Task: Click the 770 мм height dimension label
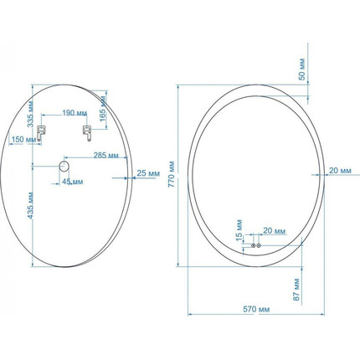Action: tap(172, 174)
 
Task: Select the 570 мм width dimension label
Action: tap(256, 309)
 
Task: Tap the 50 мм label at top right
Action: tap(302, 69)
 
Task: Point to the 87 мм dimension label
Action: tap(296, 290)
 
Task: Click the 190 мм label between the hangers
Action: tap(75, 113)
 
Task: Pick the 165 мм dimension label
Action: tap(103, 109)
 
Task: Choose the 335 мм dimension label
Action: tap(31, 114)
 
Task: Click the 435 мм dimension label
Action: tap(31, 205)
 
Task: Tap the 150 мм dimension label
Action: tap(23, 140)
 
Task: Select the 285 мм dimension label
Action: tap(105, 155)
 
